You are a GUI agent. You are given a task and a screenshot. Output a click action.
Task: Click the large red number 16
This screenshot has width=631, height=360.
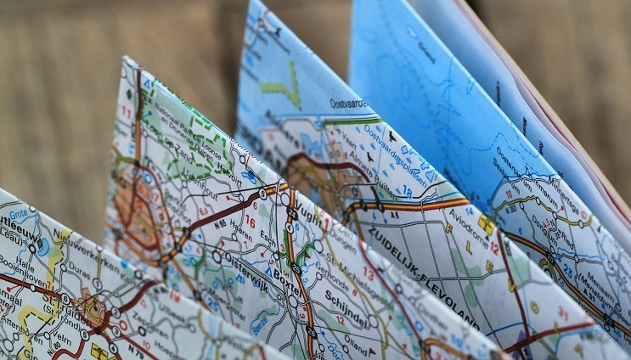[250, 220]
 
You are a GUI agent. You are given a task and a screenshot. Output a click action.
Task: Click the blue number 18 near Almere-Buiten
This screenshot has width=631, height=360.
[407, 193]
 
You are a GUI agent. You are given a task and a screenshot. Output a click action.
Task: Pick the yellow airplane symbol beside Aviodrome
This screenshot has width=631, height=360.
[485, 225]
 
